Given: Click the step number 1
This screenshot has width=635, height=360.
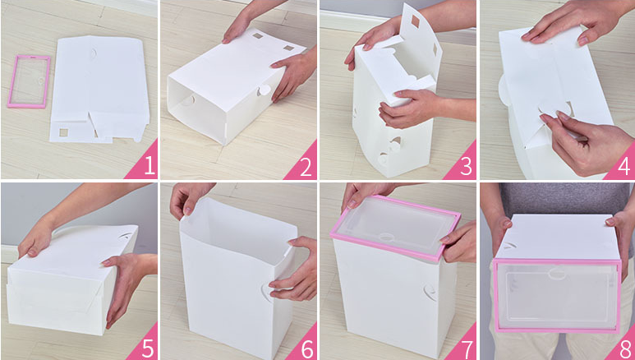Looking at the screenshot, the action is pyautogui.click(x=150, y=166).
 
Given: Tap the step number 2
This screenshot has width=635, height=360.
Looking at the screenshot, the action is pyautogui.click(x=306, y=166).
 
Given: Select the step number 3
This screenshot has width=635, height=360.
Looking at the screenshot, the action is pyautogui.click(x=466, y=166).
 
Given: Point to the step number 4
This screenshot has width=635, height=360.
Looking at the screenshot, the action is pyautogui.click(x=624, y=166).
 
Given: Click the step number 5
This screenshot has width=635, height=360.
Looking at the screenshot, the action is pyautogui.click(x=147, y=348).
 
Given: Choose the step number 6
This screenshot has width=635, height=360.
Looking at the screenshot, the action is pyautogui.click(x=306, y=348).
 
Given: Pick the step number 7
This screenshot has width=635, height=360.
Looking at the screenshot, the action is pyautogui.click(x=466, y=348).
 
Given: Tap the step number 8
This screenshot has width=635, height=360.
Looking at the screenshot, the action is pyautogui.click(x=625, y=348).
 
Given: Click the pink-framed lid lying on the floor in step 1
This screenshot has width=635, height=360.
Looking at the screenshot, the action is pyautogui.click(x=29, y=81).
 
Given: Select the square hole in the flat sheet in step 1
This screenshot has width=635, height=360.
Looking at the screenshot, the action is pyautogui.click(x=63, y=132).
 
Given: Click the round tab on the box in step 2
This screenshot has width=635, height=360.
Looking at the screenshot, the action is pyautogui.click(x=264, y=90).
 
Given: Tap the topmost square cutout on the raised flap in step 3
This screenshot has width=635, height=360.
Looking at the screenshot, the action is pyautogui.click(x=416, y=21).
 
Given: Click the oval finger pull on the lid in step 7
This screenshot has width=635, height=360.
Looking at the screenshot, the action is pyautogui.click(x=386, y=238).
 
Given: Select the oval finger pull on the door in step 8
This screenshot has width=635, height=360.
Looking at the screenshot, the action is pyautogui.click(x=557, y=274).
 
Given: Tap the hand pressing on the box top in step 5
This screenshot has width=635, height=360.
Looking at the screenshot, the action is pyautogui.click(x=35, y=240).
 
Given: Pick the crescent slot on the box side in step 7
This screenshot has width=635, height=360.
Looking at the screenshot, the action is pyautogui.click(x=430, y=292).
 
